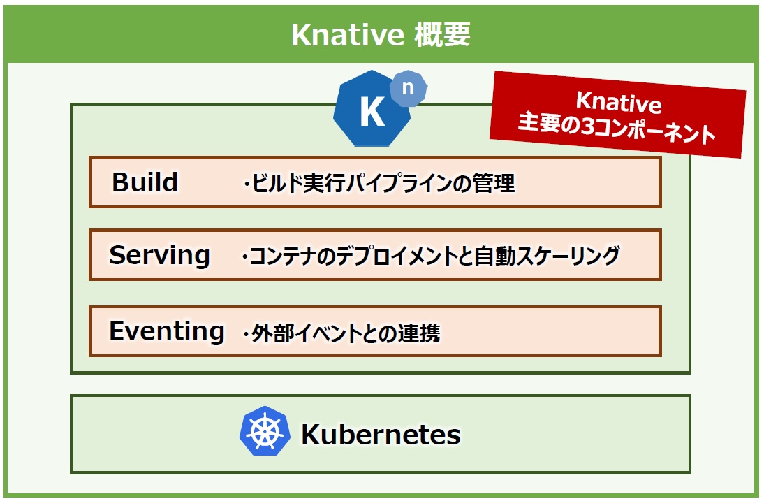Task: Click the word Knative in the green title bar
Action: pyautogui.click(x=347, y=35)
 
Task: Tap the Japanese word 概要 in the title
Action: pyautogui.click(x=443, y=35)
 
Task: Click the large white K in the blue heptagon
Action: pyautogui.click(x=372, y=112)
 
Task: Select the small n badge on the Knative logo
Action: pyautogui.click(x=409, y=88)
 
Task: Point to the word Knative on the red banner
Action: pyautogui.click(x=619, y=102)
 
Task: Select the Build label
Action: pyautogui.click(x=145, y=182)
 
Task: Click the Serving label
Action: pyautogui.click(x=159, y=255)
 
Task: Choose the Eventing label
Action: pyautogui.click(x=167, y=332)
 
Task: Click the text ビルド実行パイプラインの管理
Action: pyautogui.click(x=383, y=184)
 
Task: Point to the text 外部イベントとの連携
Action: pyautogui.click(x=346, y=333)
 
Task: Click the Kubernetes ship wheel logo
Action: pyautogui.click(x=265, y=431)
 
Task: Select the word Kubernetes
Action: pyautogui.click(x=381, y=434)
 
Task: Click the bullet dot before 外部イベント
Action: pyautogui.click(x=246, y=334)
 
